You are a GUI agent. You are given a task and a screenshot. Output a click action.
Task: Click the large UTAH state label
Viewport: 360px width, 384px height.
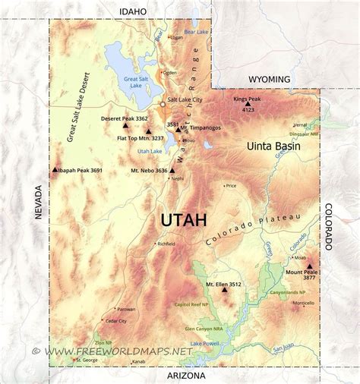pos(183,220)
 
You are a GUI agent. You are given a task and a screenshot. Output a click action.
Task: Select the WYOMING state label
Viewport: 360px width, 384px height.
pos(270,79)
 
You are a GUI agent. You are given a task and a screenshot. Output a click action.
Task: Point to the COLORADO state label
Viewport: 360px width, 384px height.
pos(329,226)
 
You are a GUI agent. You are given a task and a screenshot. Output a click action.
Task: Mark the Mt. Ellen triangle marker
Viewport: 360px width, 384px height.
pos(224,289)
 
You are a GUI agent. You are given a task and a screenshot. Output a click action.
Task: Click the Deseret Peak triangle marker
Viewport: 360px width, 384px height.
pos(126,124)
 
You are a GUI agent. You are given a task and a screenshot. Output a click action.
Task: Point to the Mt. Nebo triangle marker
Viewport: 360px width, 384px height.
pos(172,171)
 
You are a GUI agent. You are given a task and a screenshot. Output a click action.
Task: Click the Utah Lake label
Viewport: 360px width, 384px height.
pos(150,151)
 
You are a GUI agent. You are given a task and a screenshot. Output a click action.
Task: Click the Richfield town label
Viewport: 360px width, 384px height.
pos(166,244)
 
